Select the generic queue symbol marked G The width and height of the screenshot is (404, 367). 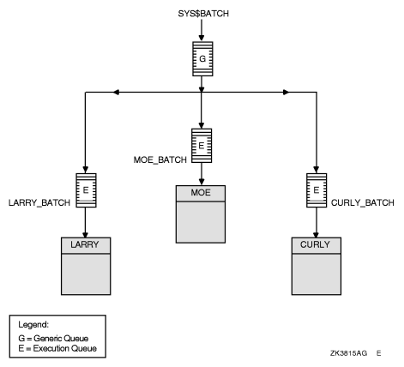point(201,62)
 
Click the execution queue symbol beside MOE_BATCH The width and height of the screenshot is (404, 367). point(201,145)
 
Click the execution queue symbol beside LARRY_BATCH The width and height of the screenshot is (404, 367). point(86,187)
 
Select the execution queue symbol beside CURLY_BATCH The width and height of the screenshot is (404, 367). point(317,187)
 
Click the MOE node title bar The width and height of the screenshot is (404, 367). point(201,193)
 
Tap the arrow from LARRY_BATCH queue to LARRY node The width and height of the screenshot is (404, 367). point(86,221)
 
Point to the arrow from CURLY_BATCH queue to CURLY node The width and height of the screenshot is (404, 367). point(317,221)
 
